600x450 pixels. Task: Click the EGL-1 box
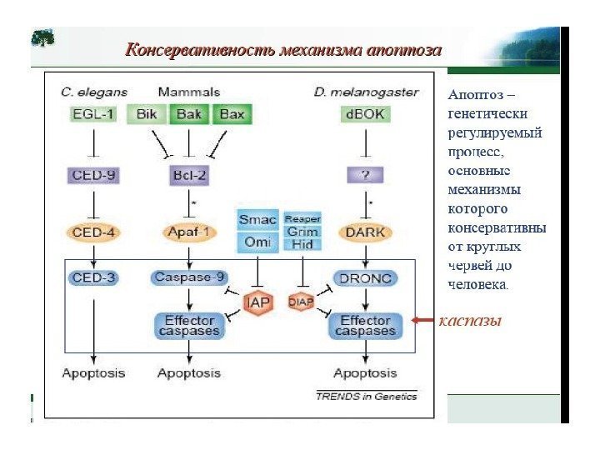point(94,114)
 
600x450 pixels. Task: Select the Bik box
point(147,114)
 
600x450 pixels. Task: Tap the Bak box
point(189,114)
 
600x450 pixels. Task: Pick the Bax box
point(231,114)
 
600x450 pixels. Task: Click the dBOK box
point(364,114)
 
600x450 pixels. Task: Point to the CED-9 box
point(93,175)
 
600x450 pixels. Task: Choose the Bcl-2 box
point(189,175)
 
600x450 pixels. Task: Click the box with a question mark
point(363,175)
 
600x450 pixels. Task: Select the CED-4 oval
point(93,232)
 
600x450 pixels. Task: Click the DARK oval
point(363,232)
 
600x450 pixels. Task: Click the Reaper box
point(302,218)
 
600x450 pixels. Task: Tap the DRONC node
point(364,277)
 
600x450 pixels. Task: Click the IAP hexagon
point(258,302)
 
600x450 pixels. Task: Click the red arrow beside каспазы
point(426,320)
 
